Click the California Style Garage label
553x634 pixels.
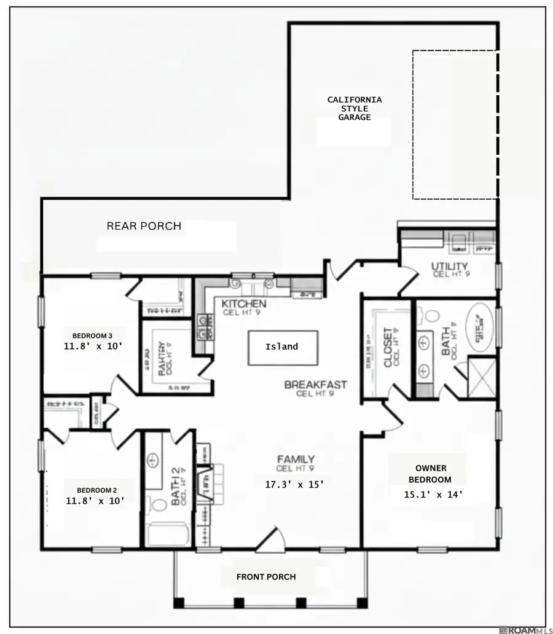(x=354, y=108)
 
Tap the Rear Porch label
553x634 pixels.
(x=144, y=226)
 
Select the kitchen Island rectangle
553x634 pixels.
(x=283, y=347)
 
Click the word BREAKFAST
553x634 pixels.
(x=315, y=385)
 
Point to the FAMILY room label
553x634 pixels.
(x=296, y=460)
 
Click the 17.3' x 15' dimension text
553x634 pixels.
(x=294, y=484)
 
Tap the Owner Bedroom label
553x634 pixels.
(x=430, y=474)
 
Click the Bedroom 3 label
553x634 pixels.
(x=92, y=335)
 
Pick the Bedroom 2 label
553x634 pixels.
(x=96, y=490)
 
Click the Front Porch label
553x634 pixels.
(x=266, y=577)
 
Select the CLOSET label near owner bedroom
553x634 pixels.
(x=388, y=348)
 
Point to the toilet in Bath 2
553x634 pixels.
(x=159, y=506)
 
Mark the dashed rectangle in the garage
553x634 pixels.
(x=454, y=125)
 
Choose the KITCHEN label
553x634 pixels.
(x=243, y=304)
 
